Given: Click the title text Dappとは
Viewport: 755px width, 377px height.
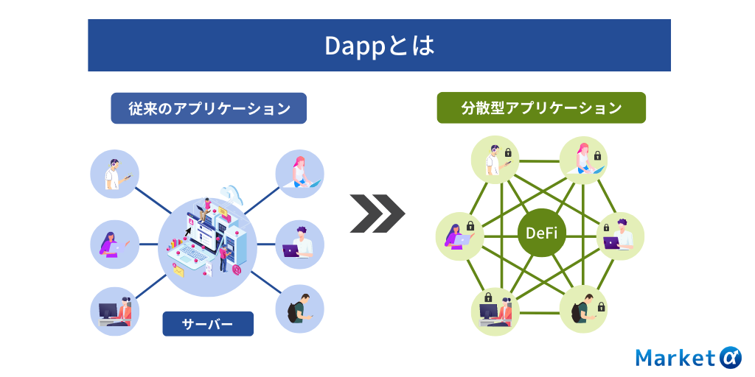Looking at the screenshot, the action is coord(380,46).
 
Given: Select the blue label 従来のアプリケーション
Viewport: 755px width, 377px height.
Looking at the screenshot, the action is coord(209,108).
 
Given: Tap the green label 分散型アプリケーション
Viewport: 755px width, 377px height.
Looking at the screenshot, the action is coord(541,108).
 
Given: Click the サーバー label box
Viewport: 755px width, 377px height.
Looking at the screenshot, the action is coord(208,324).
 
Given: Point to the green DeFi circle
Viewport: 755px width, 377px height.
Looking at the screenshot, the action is coord(542,233).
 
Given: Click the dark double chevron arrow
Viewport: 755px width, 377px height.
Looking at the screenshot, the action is coord(377,214).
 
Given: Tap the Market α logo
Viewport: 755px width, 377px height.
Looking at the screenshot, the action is coord(689,358).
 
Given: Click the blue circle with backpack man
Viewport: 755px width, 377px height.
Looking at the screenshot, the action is coord(299,309).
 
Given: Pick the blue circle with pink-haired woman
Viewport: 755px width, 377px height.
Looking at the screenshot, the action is coord(299,174).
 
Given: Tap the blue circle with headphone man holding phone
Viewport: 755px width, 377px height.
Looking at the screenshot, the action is coord(114,174).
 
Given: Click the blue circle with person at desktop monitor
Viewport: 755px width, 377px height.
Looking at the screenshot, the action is coord(114,311).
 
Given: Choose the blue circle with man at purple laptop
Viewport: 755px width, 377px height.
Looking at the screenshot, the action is coord(299,244).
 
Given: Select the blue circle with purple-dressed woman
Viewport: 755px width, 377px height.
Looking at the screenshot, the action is coord(114,244).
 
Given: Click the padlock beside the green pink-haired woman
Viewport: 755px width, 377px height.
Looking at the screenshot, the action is coord(597,155).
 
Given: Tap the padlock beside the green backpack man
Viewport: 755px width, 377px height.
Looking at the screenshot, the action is coord(601,306).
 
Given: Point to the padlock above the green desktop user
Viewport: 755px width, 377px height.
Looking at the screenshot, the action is coord(488,296).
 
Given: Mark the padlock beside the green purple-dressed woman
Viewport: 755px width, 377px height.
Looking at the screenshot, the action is coord(470,225).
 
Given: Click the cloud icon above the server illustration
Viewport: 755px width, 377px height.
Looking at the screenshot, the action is coord(231,194).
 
